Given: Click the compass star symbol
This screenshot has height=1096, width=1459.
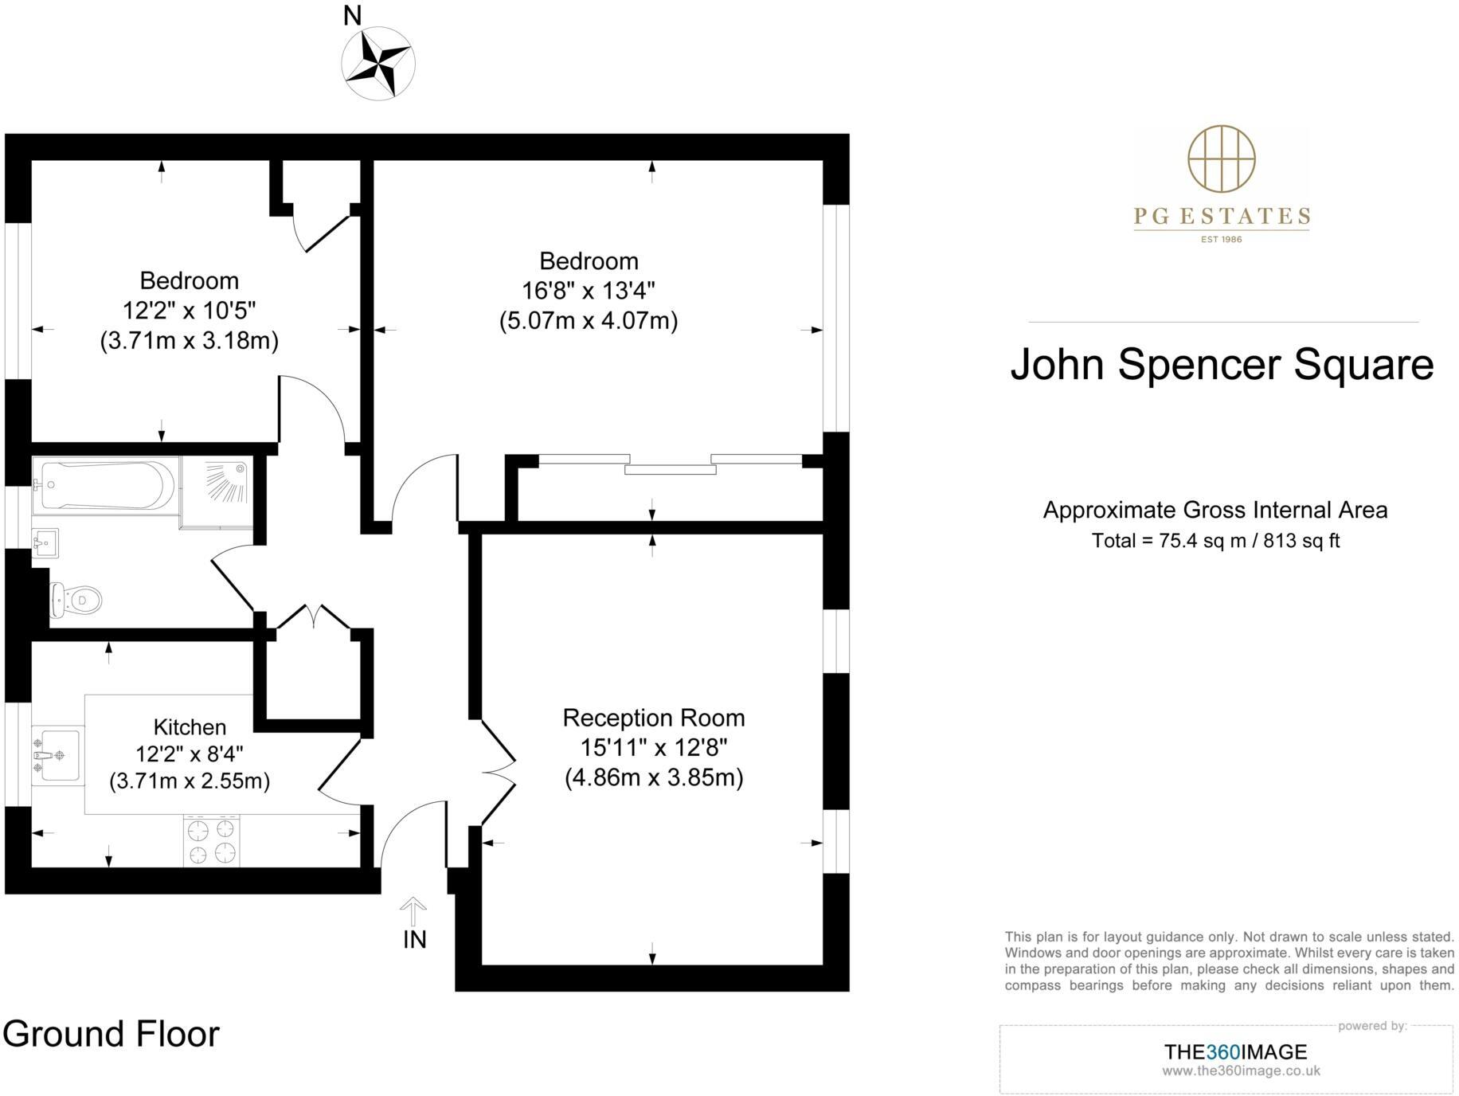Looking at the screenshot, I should pyautogui.click(x=378, y=63).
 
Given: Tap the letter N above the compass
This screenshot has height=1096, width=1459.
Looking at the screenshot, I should pyautogui.click(x=352, y=15).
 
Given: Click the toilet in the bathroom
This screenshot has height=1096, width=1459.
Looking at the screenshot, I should pyautogui.click(x=76, y=600).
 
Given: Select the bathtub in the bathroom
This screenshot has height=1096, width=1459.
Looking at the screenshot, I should pyautogui.click(x=104, y=485).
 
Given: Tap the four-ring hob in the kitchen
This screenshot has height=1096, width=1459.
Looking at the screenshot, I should pyautogui.click(x=212, y=841).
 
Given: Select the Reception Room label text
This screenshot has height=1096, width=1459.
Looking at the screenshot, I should pyautogui.click(x=654, y=718).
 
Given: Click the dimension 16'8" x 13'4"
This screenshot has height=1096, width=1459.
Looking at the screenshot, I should pyautogui.click(x=589, y=291).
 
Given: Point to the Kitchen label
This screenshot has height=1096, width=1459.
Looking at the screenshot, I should pyautogui.click(x=190, y=727).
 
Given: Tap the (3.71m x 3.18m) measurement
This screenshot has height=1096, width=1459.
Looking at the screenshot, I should pyautogui.click(x=190, y=341).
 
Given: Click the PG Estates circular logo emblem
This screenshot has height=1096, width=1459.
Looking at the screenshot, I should pyautogui.click(x=1222, y=159).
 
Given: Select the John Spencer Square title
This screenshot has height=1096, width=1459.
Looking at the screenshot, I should pyautogui.click(x=1222, y=364).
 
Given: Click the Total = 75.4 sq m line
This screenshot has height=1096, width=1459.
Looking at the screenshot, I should pyautogui.click(x=1215, y=541).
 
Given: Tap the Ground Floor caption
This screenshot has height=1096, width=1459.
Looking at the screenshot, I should pyautogui.click(x=111, y=1034).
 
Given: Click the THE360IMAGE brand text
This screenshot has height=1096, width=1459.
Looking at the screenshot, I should pyautogui.click(x=1235, y=1052).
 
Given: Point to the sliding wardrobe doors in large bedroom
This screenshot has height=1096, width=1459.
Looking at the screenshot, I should pyautogui.click(x=670, y=464).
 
